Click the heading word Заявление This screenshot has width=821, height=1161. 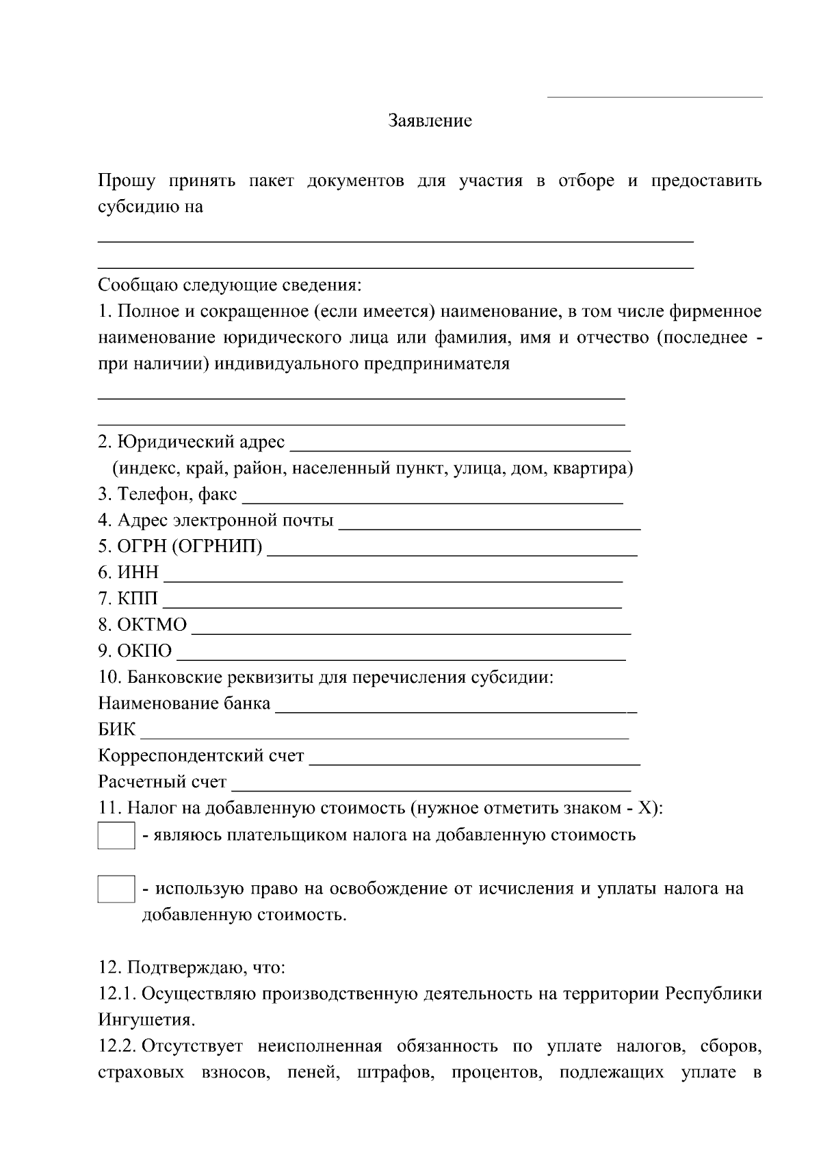[x=430, y=121]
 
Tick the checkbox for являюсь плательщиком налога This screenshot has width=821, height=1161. [x=116, y=836]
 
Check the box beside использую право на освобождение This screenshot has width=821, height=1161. [x=116, y=889]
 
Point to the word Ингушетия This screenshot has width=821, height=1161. [x=146, y=1020]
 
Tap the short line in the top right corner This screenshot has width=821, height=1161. [x=655, y=97]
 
